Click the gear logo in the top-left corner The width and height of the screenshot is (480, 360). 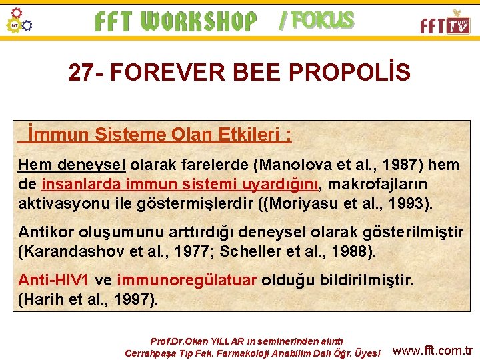[x=19, y=21]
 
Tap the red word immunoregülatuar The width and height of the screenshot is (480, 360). [x=186, y=280]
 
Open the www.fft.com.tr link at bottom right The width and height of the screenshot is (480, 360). [x=433, y=351]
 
